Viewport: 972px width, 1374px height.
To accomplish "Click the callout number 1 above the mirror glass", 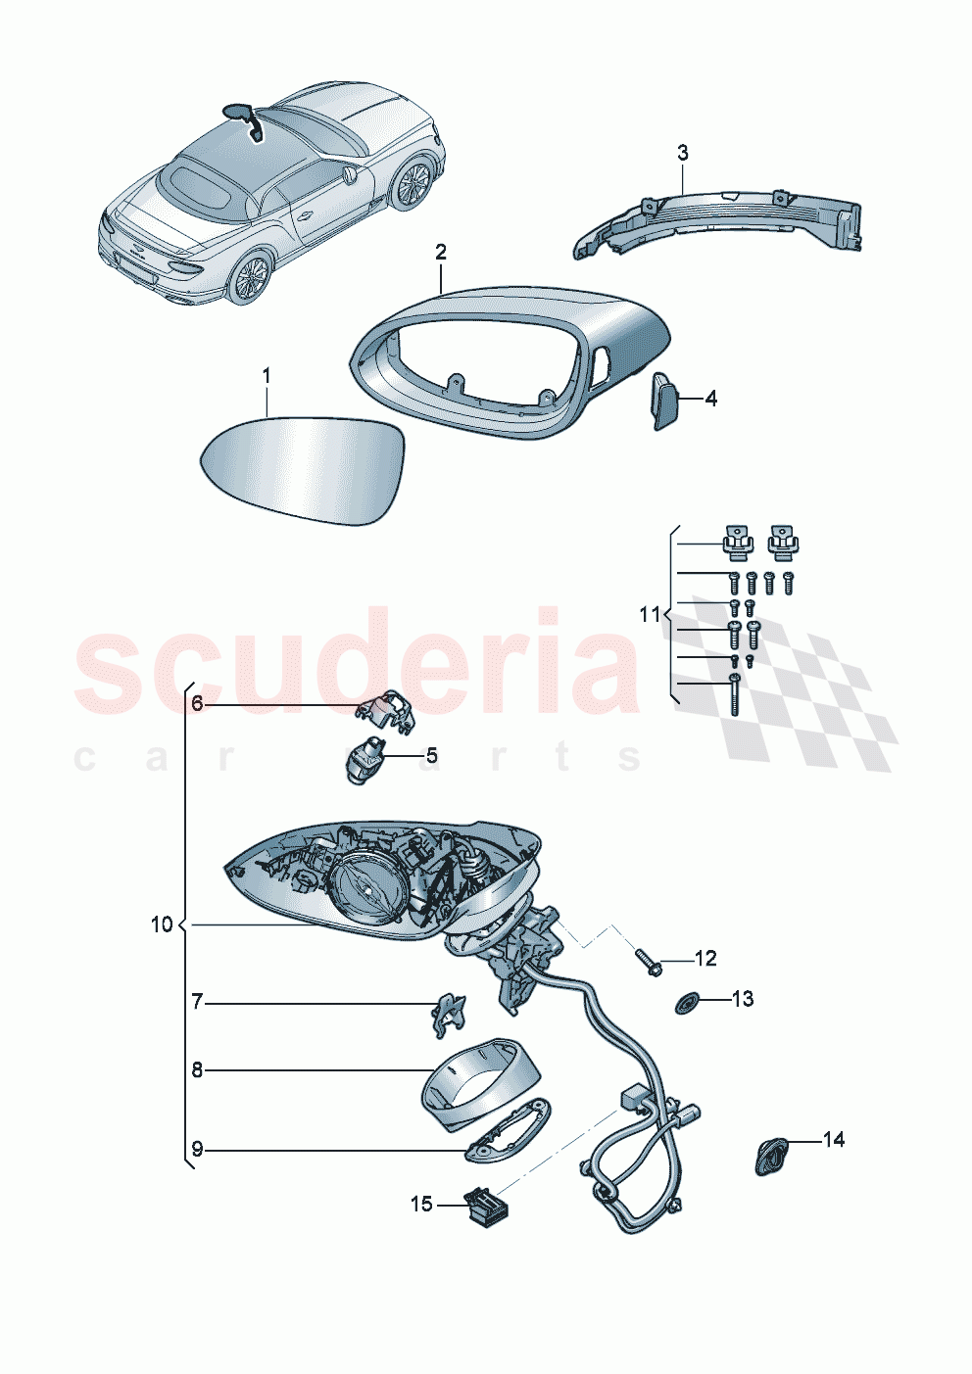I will click(266, 376).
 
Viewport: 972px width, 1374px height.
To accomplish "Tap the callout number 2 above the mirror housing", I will click(441, 253).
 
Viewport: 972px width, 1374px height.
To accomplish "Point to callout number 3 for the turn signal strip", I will click(683, 153).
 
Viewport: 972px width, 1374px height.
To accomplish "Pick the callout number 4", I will click(711, 399).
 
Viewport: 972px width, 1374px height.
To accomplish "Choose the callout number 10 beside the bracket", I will click(162, 924).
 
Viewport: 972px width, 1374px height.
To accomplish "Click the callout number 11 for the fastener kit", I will click(650, 615).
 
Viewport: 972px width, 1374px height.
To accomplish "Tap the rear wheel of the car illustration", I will click(251, 278).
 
